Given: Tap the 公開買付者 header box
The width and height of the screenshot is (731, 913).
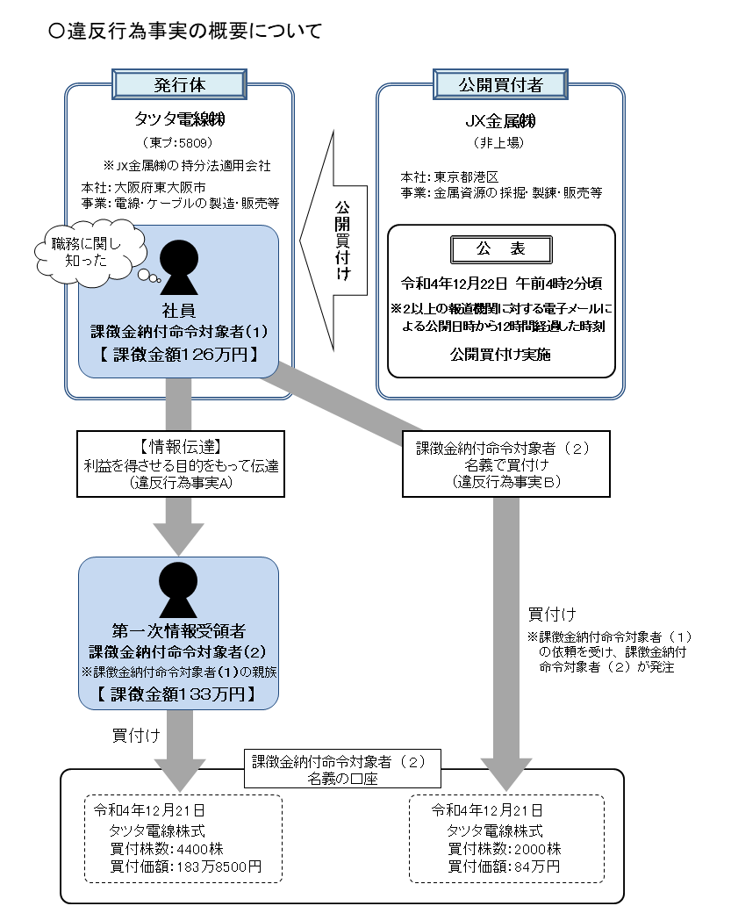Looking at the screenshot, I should coord(500,84).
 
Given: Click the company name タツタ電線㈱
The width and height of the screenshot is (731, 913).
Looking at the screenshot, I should coord(179,119).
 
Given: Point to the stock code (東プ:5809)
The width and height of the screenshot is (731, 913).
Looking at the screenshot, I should coord(178,142).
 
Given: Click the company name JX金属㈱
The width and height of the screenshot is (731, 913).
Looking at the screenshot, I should coord(500,119).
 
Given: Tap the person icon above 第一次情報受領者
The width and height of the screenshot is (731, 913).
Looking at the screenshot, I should coord(178,590).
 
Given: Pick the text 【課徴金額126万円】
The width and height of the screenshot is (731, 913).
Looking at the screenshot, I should coord(178,355).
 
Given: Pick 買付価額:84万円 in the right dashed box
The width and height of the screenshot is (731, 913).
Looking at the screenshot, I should coord(504,866).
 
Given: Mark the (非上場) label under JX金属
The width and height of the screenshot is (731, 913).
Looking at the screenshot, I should coord(500,142).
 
